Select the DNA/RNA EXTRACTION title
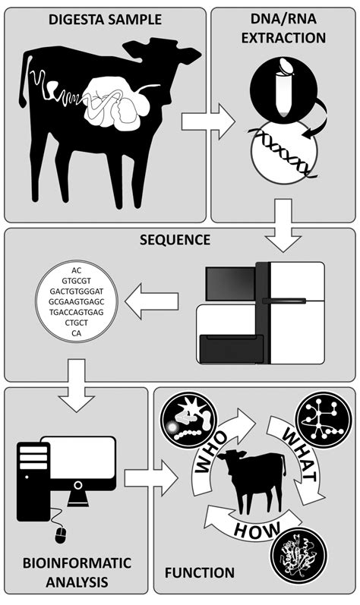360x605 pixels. [x=283, y=28]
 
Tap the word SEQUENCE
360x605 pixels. [x=180, y=241]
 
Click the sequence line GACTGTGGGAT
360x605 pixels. [x=76, y=290]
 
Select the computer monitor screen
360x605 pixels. [x=78, y=464]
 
